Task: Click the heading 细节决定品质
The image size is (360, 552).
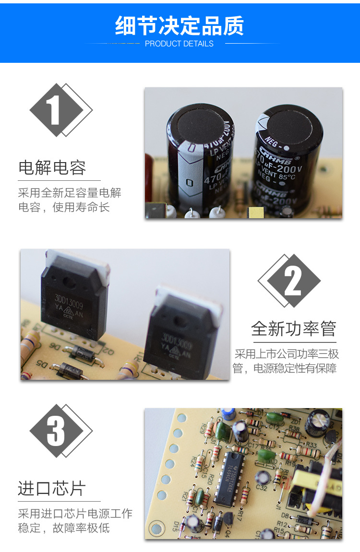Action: [180, 26]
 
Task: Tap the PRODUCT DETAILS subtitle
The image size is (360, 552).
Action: [179, 44]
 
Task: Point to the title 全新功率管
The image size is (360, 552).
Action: [293, 329]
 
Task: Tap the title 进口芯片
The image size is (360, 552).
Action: [52, 489]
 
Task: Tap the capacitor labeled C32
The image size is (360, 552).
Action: [262, 477]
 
